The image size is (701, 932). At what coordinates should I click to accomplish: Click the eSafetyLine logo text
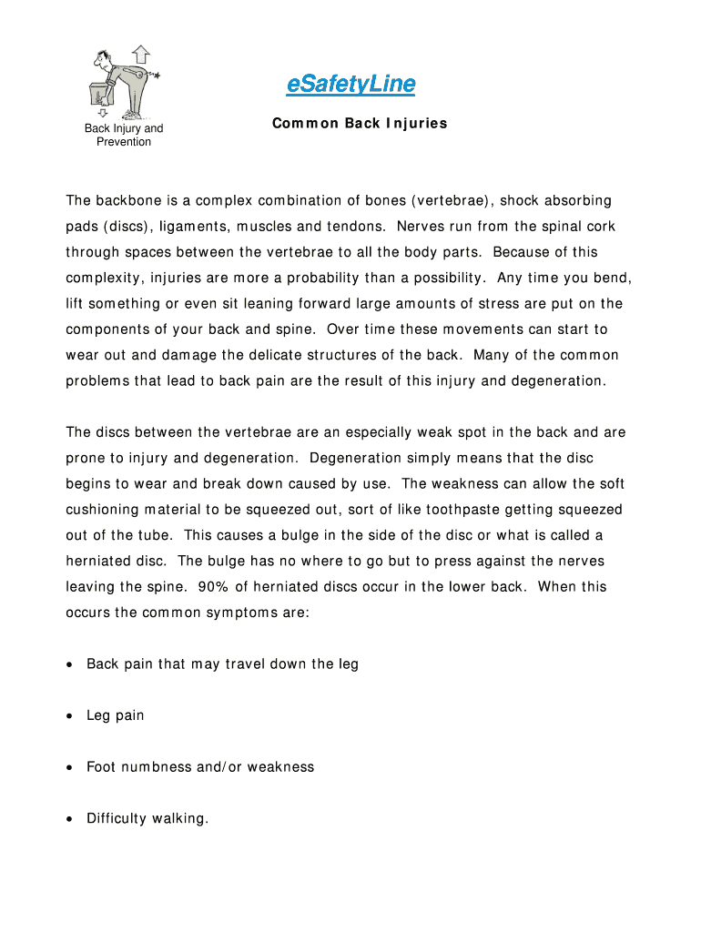(x=350, y=85)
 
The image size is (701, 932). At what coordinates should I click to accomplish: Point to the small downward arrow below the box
(x=103, y=112)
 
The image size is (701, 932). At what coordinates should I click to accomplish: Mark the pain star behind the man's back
(x=156, y=75)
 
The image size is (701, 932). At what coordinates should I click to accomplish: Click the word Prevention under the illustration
(x=124, y=142)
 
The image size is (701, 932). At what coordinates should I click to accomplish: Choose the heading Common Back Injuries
(x=360, y=123)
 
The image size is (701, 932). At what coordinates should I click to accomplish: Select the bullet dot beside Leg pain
(x=69, y=716)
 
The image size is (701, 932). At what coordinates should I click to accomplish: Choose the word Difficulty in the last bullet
(x=117, y=819)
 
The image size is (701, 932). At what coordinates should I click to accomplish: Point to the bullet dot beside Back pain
(x=69, y=664)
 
